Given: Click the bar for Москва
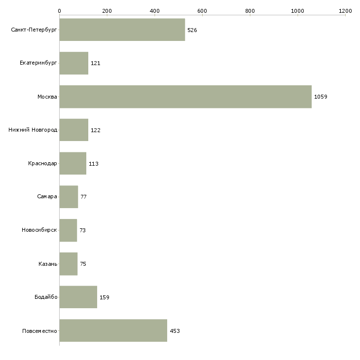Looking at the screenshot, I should coord(185,97).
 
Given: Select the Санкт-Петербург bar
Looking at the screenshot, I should coord(122,30).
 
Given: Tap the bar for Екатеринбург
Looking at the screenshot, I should coord(73,63).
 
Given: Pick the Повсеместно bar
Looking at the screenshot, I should coord(113,331).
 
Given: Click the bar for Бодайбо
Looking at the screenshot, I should coord(78,297).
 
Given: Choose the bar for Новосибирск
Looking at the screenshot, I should coord(68,230).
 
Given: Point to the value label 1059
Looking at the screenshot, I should coord(321,97).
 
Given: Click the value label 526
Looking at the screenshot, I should coord(192,30).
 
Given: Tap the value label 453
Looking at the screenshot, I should coord(175,331).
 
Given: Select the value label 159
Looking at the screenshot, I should coord(105,297).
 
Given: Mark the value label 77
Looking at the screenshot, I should coord(83,197).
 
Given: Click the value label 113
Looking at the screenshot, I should coord(94,164).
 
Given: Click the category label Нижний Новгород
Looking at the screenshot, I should coord(33,130).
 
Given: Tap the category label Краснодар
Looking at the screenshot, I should coord(42,164).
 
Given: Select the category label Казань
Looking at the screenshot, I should coord(48,264).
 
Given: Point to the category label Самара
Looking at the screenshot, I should coord(47,197).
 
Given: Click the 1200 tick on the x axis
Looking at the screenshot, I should coord(345,10).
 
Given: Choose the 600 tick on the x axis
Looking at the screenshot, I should coord(202,10).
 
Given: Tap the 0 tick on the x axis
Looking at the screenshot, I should coord(59,10).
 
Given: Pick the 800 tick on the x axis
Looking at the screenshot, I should coord(250,10).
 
